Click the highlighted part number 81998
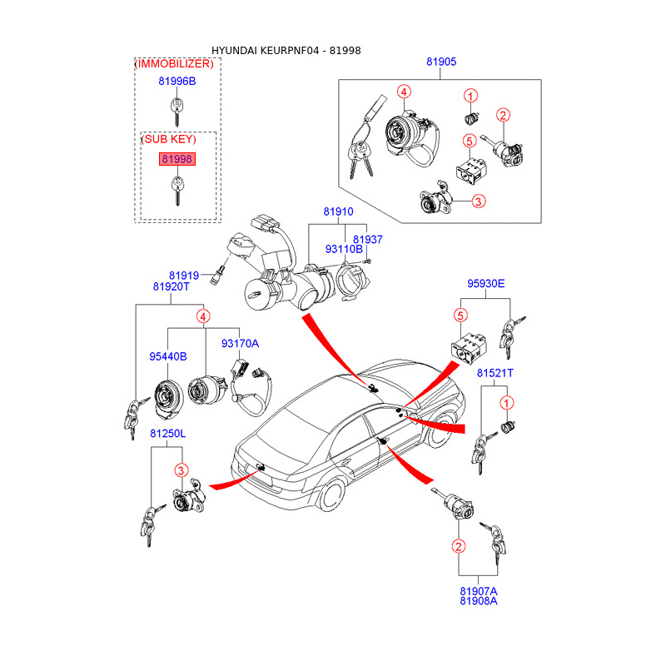click(x=176, y=158)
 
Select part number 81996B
click(x=176, y=81)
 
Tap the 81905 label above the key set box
click(x=441, y=62)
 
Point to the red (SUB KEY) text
click(x=169, y=139)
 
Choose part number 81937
click(x=367, y=239)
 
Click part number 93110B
click(x=344, y=249)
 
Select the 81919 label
click(x=184, y=276)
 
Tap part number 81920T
click(x=171, y=286)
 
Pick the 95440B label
click(x=168, y=356)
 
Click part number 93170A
click(x=240, y=343)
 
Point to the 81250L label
click(x=168, y=434)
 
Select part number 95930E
click(x=485, y=283)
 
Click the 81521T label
click(x=495, y=374)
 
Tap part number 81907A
click(x=478, y=590)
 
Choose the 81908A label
click(x=478, y=601)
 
